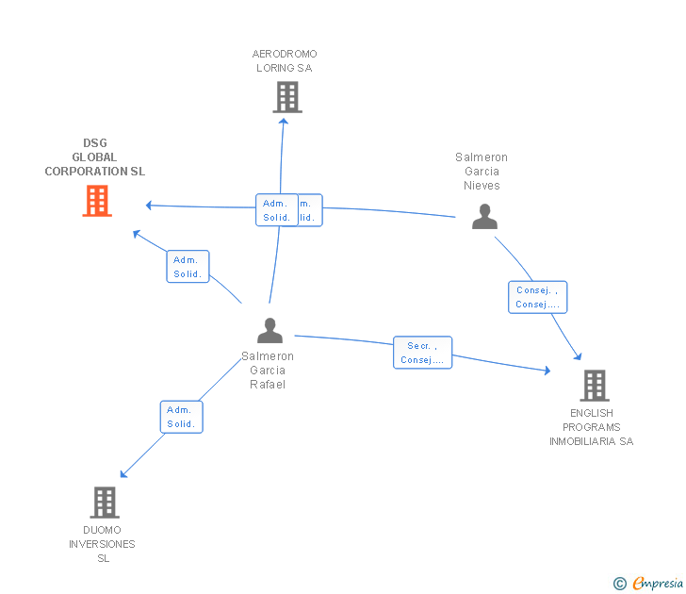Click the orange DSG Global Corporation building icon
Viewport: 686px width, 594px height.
point(97,201)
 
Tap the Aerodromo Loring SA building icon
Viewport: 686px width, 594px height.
point(287,97)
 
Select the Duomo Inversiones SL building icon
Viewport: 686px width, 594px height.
point(105,502)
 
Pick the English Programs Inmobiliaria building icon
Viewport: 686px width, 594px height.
point(594,385)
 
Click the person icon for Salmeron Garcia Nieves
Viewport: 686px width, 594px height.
point(484,216)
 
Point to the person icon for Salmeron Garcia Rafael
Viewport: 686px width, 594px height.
point(269,331)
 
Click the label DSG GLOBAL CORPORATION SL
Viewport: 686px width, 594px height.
point(95,157)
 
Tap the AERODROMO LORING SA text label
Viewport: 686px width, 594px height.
point(285,61)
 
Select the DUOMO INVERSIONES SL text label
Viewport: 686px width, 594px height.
point(102,544)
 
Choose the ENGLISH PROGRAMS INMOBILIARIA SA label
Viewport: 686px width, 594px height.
point(592,427)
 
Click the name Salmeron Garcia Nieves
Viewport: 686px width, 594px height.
point(482,172)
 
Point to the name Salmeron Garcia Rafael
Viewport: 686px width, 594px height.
point(268,370)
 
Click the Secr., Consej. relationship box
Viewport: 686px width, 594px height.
point(423,353)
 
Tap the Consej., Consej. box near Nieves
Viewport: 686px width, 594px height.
point(538,298)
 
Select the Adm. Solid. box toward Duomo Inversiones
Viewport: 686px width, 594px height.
point(181,417)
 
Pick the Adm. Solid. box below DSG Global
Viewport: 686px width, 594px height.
point(188,267)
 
